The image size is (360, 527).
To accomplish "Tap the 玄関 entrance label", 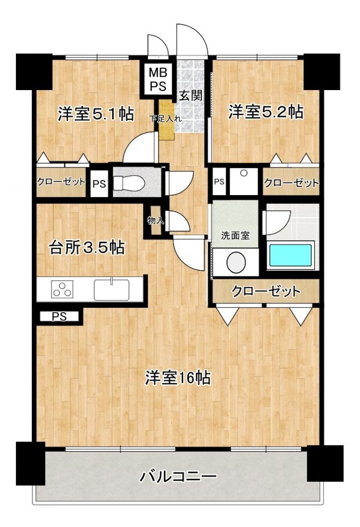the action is [x=191, y=96].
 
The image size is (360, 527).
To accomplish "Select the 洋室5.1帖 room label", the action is [x=96, y=114].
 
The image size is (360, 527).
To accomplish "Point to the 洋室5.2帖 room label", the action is [x=266, y=112].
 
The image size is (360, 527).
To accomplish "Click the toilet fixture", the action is [x=129, y=184].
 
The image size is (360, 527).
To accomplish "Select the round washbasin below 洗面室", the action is [x=236, y=262].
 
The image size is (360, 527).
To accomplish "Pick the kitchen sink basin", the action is [x=111, y=290].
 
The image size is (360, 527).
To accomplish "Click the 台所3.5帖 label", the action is [x=87, y=248].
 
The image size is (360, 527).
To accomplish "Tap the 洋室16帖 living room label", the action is [x=178, y=377].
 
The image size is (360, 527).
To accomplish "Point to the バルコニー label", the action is [x=178, y=477].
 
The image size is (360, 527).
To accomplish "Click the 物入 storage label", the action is [x=156, y=221].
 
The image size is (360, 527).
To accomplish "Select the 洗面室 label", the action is [x=235, y=235].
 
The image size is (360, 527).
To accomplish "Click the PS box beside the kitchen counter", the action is [x=59, y=317].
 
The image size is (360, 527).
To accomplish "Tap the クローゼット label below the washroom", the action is [x=266, y=291].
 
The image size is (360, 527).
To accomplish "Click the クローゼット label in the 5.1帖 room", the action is [x=61, y=182].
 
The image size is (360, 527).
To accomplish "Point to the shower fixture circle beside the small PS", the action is [x=244, y=173].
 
